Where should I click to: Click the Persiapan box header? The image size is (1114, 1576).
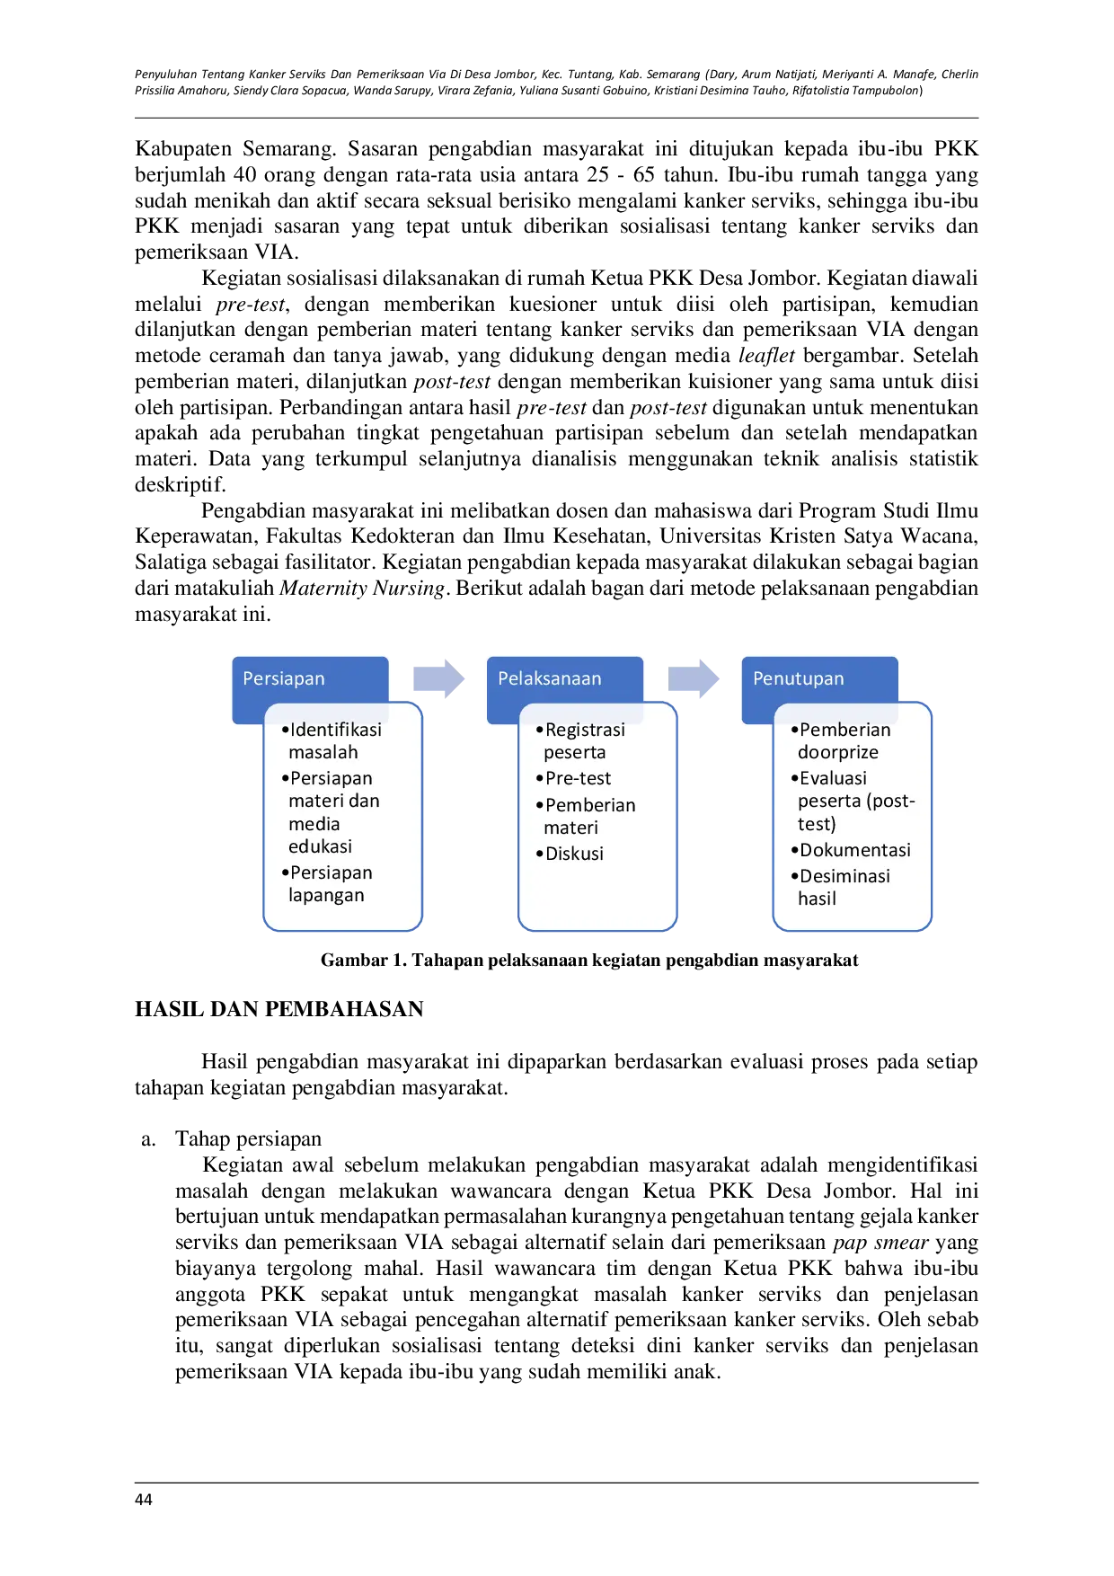(x=310, y=679)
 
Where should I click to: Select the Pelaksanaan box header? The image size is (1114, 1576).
(x=565, y=679)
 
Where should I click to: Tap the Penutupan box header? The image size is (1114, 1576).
(x=819, y=679)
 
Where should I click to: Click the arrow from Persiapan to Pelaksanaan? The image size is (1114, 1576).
(x=438, y=679)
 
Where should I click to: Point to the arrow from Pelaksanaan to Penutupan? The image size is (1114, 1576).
(x=694, y=679)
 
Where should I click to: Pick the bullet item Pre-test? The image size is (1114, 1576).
(x=573, y=778)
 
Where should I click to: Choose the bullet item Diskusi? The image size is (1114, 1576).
(x=570, y=854)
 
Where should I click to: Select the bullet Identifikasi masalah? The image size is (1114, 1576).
(x=332, y=740)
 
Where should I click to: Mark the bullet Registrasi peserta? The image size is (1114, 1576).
(x=580, y=740)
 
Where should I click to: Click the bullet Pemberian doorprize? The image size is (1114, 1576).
(x=841, y=740)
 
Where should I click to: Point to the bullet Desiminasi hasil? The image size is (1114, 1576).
(x=840, y=887)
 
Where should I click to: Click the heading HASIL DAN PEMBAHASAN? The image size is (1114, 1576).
(x=279, y=1009)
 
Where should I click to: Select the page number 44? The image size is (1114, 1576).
(x=144, y=1500)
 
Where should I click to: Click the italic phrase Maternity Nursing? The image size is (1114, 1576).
(x=363, y=589)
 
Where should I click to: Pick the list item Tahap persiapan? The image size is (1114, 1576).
(x=248, y=1138)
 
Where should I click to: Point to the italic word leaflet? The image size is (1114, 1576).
(x=766, y=356)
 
